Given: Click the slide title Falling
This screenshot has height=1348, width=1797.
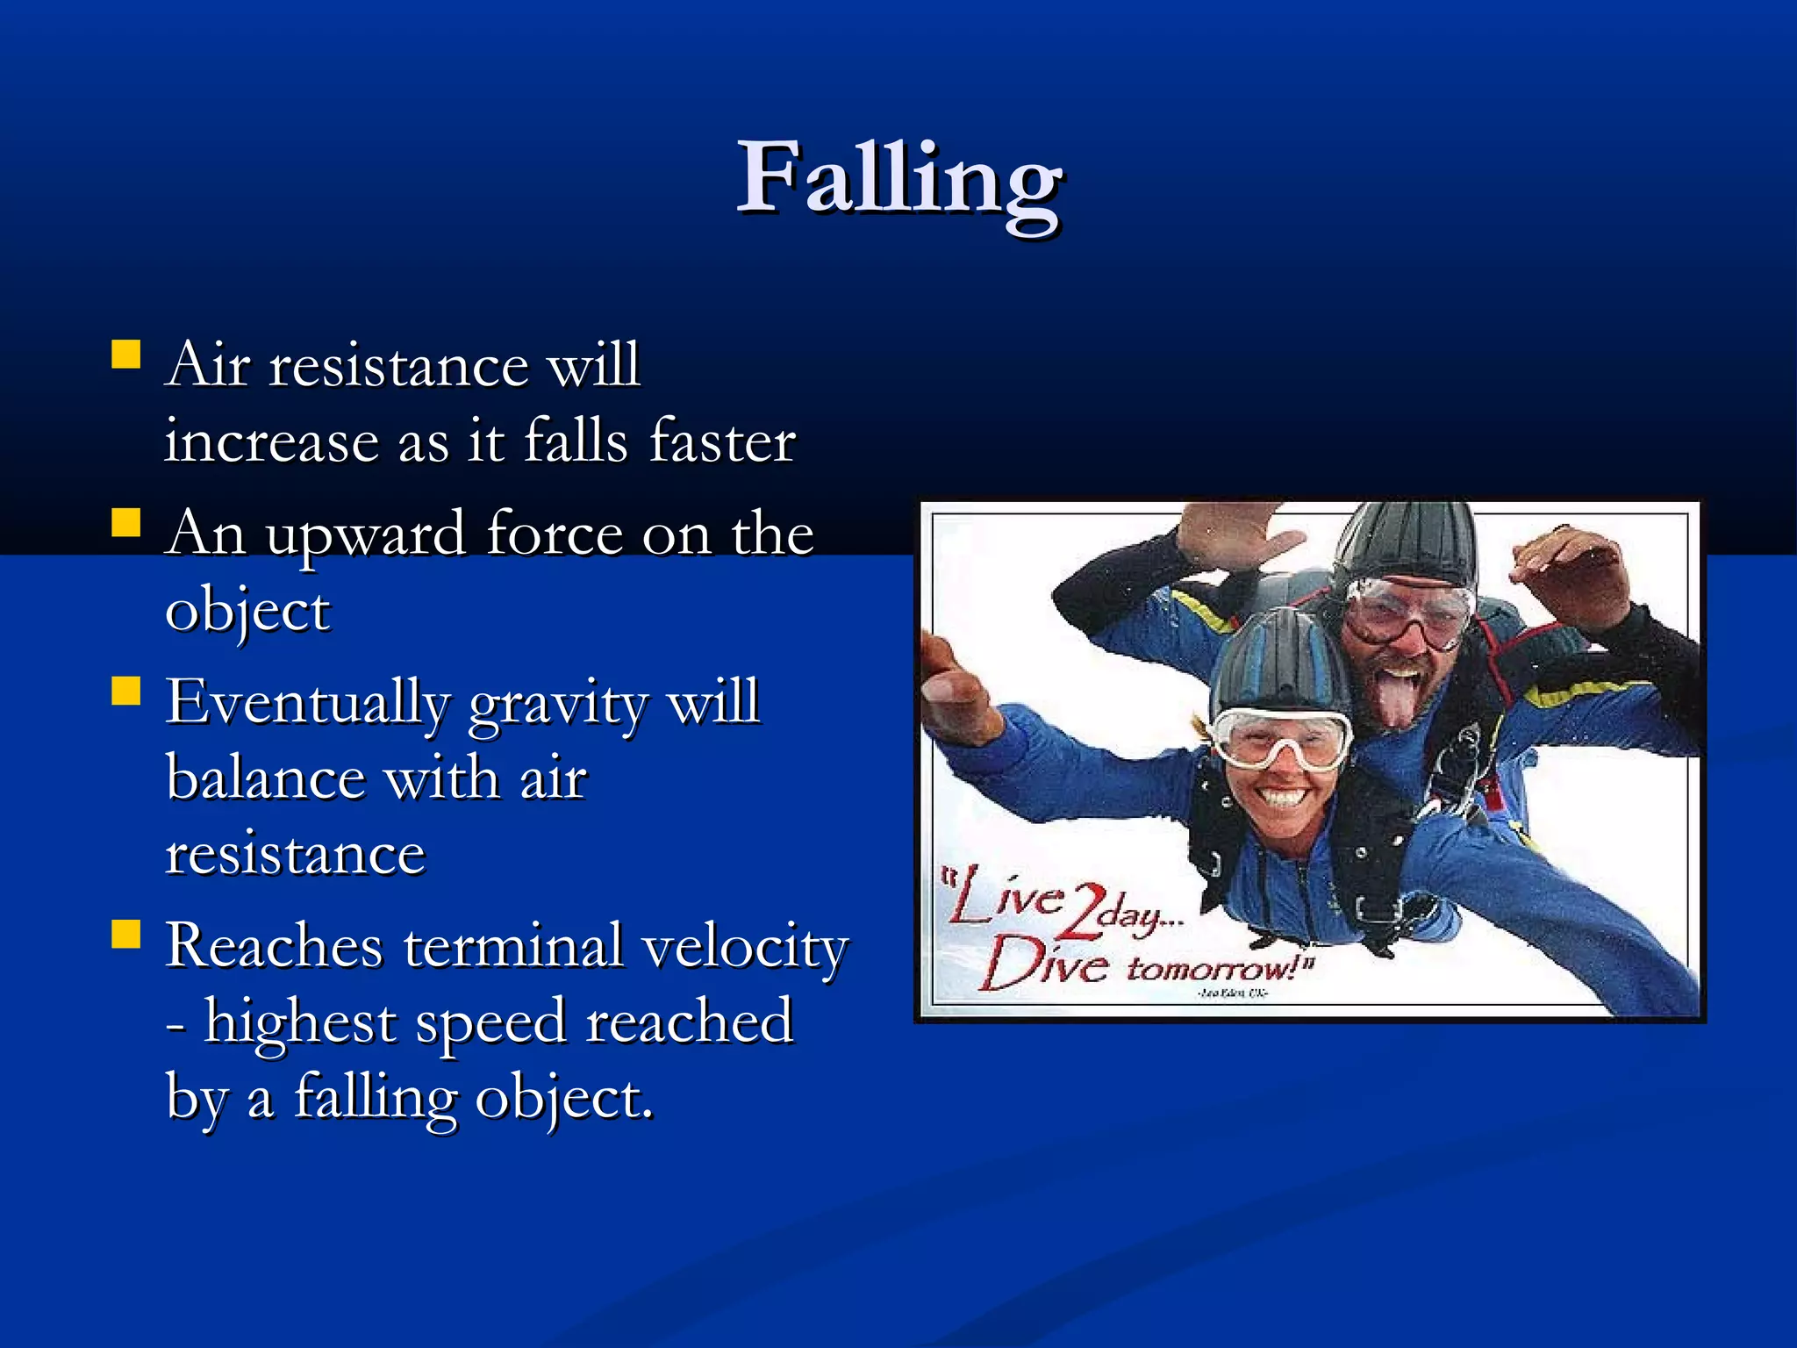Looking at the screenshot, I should coord(899,180).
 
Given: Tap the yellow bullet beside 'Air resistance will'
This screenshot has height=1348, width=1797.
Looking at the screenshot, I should coord(126,355).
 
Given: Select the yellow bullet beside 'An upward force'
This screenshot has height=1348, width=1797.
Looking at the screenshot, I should coord(126,524).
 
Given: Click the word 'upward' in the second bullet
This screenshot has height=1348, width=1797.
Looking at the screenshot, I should coord(365,535).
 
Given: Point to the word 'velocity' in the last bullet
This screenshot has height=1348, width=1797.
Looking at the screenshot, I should coord(745,948).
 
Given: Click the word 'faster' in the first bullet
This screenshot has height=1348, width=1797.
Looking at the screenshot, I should coord(722,441).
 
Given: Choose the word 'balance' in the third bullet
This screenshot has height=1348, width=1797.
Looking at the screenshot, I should coord(266,778).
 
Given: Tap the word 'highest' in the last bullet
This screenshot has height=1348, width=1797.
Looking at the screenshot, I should coord(299,1022).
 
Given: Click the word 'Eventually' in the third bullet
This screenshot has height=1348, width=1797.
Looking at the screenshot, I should coord(308,705).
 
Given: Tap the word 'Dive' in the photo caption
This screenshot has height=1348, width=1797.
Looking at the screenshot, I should coord(1044,964).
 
